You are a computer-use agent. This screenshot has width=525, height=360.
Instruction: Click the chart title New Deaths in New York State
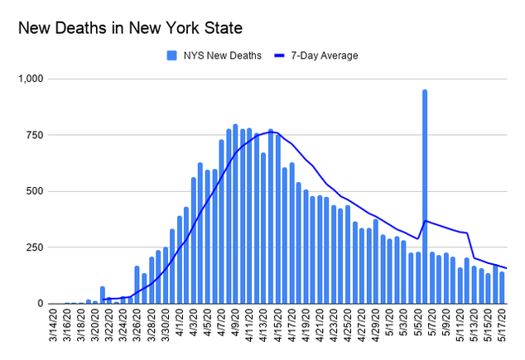130,28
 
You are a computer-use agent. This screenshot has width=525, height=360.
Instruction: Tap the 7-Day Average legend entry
324,55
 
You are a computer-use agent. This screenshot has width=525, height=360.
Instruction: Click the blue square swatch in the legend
171,55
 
